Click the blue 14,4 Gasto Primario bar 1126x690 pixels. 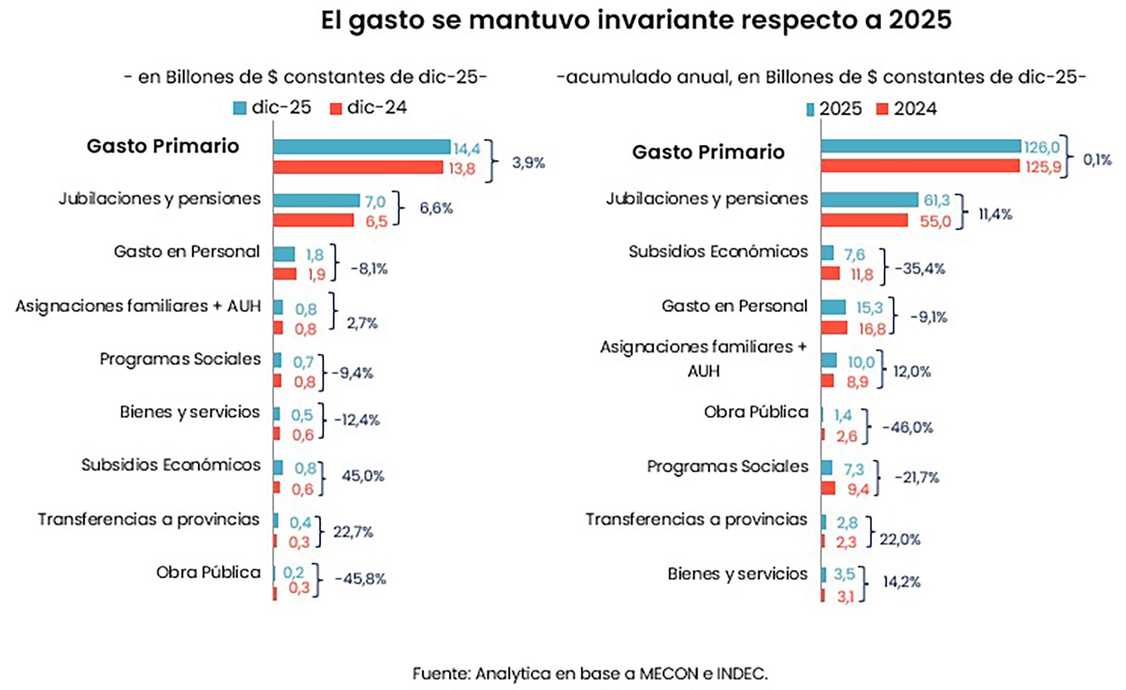361,147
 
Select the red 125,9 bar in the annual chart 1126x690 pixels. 920,166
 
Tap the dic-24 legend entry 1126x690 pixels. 369,108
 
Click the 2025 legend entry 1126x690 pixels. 834,109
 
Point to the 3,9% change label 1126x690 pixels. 528,163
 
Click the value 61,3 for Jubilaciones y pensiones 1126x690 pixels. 936,200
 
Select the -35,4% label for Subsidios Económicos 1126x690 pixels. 920,269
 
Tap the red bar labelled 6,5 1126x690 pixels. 313,220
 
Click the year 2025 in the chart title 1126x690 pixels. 920,20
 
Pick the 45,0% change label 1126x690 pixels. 362,476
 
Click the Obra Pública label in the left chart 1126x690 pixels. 208,572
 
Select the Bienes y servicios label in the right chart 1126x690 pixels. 737,574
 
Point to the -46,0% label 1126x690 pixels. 907,427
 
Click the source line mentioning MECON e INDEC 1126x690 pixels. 589,674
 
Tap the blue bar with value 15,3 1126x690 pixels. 833,307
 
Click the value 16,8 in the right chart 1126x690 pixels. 871,329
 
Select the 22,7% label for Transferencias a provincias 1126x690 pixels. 353,532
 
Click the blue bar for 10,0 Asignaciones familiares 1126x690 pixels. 829,361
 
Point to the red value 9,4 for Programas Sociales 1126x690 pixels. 857,490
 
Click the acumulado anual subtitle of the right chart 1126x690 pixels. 821,77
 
